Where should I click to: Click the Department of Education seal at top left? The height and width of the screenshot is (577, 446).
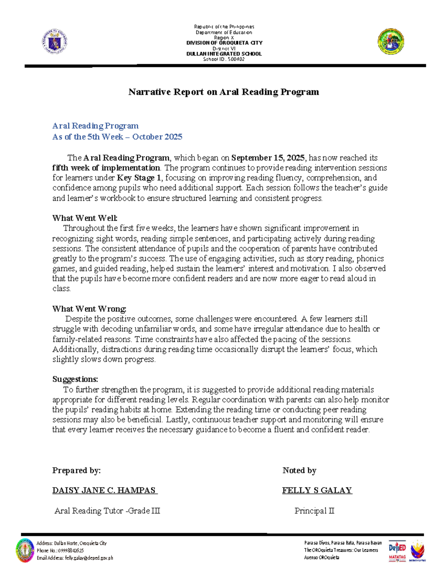(55, 41)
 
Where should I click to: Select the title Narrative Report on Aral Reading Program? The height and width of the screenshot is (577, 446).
(223, 92)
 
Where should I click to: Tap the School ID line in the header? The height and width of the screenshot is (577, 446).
(224, 59)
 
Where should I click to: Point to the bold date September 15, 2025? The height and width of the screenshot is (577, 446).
(268, 158)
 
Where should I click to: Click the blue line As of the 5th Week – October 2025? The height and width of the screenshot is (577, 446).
(117, 137)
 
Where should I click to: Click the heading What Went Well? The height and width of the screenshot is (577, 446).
(85, 218)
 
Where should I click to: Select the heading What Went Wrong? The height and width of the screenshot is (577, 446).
(89, 309)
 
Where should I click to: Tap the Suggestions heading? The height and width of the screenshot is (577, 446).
(75, 379)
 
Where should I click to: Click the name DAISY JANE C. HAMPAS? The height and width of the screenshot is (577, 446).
(104, 490)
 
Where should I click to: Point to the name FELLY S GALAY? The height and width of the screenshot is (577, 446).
(317, 490)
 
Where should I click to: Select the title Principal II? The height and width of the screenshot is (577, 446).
(314, 511)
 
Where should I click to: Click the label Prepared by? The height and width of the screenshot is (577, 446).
(76, 470)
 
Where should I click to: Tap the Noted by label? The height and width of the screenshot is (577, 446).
(299, 470)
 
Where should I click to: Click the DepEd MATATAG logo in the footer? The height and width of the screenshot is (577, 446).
(397, 550)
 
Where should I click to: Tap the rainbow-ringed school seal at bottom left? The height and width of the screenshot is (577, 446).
(25, 550)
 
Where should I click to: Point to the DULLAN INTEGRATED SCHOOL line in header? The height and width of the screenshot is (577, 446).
(224, 54)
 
